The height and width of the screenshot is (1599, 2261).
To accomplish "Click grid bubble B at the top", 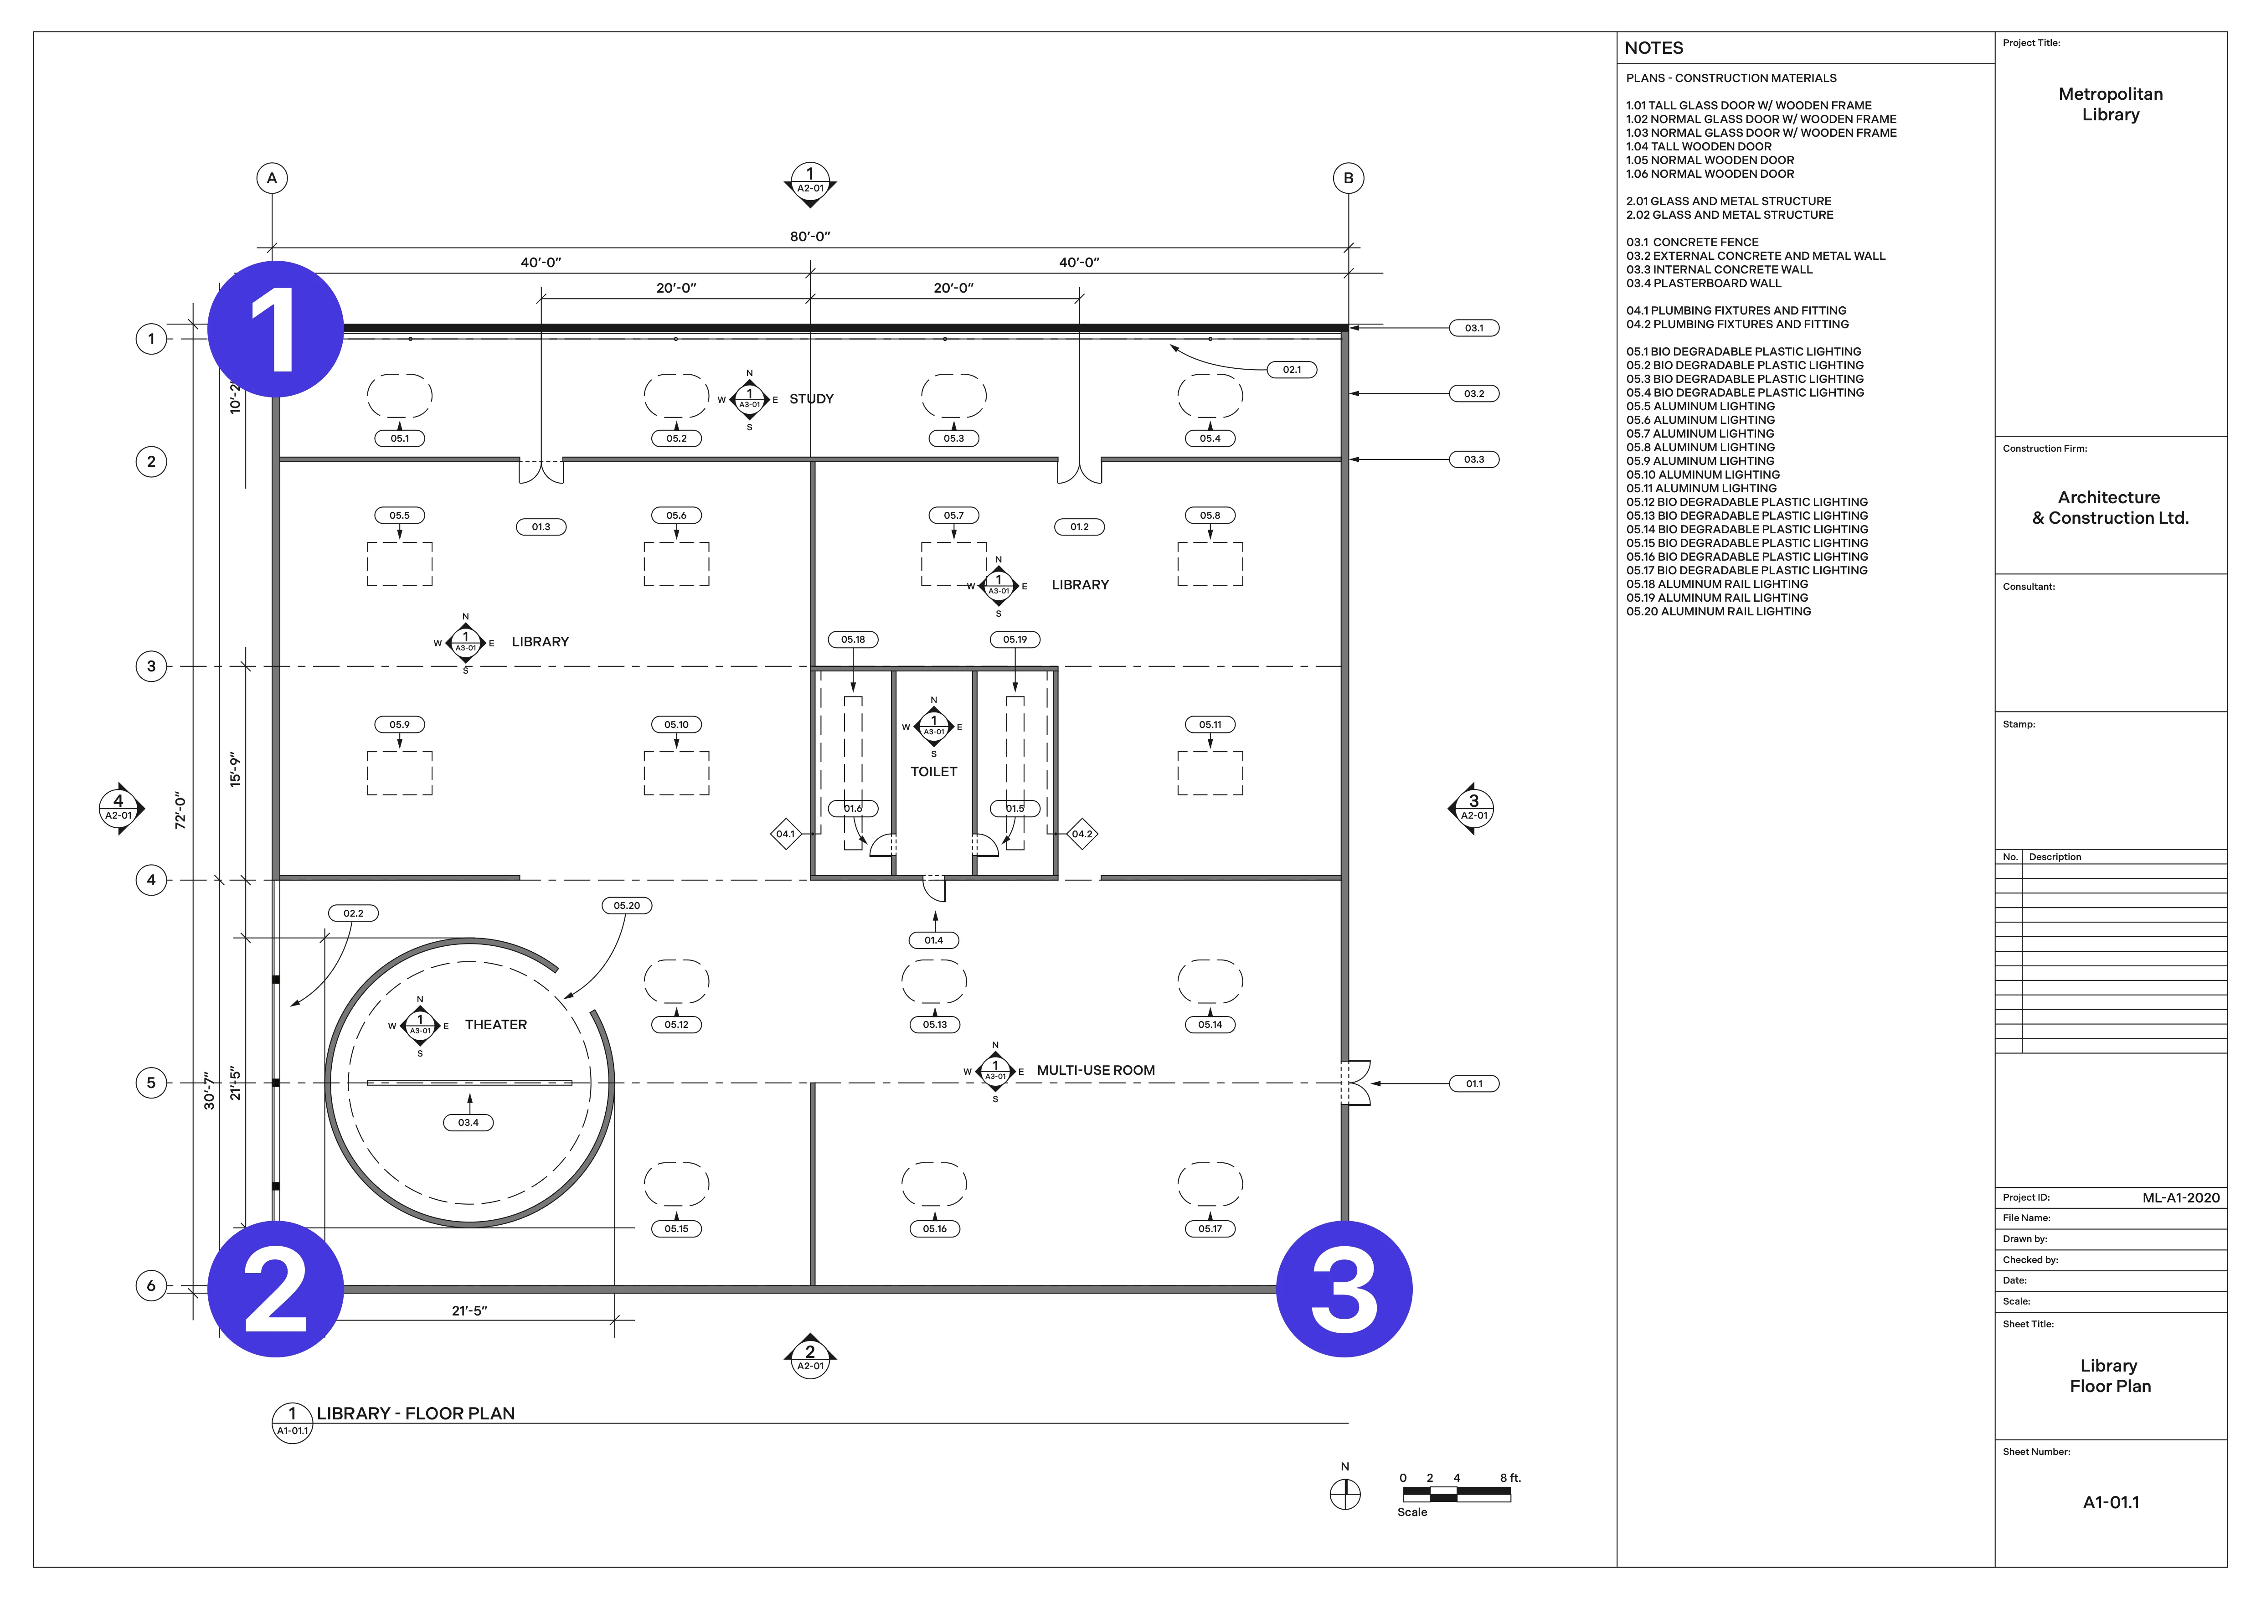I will click(x=1348, y=178).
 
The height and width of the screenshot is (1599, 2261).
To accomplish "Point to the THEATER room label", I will click(x=495, y=1025).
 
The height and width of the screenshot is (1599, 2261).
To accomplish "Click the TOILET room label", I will click(x=933, y=772).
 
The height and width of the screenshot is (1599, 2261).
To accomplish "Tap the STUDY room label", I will click(x=811, y=399).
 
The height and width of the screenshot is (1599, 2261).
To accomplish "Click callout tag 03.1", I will click(x=1473, y=328).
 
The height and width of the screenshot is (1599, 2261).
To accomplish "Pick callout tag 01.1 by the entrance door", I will click(x=1473, y=1084).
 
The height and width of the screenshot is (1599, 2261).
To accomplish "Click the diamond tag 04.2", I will click(x=1082, y=834).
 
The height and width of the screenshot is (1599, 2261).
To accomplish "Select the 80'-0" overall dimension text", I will click(x=809, y=236).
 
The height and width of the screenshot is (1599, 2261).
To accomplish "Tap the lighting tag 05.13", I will click(x=935, y=1025).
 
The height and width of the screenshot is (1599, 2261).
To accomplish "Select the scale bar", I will click(x=1457, y=1494).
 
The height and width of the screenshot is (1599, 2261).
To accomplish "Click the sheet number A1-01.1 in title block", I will click(x=2110, y=1502).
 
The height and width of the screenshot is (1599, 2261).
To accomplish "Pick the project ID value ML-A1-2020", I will click(x=2180, y=1198).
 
